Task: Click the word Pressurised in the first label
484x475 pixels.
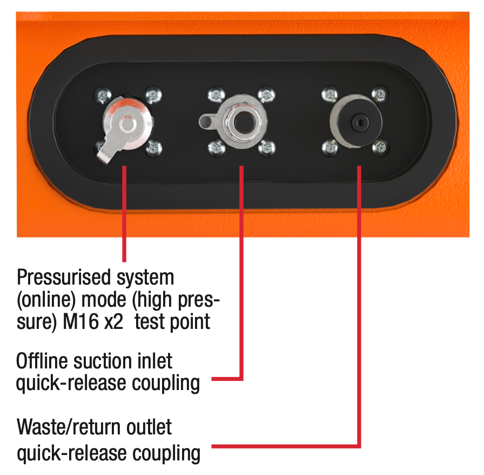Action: tap(63, 277)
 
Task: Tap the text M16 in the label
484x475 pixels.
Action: tap(80, 321)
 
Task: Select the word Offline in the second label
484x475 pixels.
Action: tap(42, 361)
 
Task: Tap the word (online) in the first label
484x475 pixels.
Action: tap(46, 300)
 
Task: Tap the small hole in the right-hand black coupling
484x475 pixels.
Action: tap(360, 123)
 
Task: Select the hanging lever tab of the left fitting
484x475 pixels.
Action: tap(108, 150)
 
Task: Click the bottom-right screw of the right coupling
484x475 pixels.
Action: tap(380, 147)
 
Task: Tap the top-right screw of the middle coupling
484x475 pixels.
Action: tap(266, 94)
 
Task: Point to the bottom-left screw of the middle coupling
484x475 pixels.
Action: tap(217, 148)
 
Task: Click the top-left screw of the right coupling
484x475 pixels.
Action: tap(330, 94)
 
